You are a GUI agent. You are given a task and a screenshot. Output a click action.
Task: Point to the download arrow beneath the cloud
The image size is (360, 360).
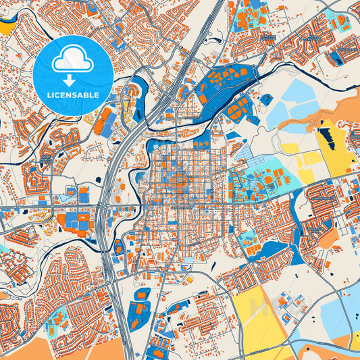click(73, 76)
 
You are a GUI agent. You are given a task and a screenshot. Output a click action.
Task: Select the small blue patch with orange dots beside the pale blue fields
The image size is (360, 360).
click(267, 99)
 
